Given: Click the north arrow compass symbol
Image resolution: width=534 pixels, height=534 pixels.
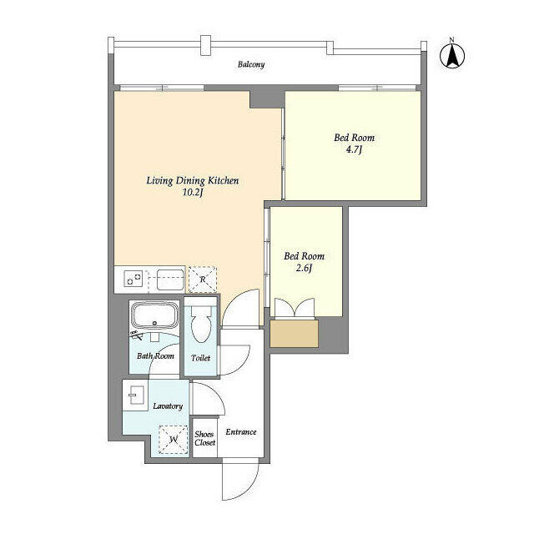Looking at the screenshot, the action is click(452, 55).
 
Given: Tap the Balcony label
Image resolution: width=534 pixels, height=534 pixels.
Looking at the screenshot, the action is click(251, 64).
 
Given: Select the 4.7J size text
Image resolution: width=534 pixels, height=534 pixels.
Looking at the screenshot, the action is click(354, 149).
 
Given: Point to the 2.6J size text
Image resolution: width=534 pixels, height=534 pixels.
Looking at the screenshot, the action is click(304, 268).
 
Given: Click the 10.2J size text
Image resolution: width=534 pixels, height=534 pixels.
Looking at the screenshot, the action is click(193, 193).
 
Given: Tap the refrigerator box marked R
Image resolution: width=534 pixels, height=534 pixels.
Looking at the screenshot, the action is click(203, 280).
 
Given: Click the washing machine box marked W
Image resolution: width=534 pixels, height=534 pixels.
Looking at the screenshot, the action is click(174, 440).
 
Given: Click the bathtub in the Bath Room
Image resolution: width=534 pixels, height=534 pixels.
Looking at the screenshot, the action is click(155, 315).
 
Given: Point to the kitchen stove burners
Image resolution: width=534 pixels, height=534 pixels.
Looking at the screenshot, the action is click(133, 279).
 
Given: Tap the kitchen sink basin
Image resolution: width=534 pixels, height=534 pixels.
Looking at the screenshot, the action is click(170, 280).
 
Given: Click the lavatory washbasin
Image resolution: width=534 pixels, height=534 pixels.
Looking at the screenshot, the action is click(136, 395).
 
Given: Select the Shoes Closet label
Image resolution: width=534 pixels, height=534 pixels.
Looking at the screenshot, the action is click(205, 438).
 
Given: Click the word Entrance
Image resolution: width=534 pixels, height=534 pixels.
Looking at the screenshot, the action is click(241, 432).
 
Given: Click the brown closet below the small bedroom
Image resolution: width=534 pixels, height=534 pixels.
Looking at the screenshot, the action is click(295, 334).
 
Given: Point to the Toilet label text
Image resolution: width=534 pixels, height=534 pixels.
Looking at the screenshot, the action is click(200, 358).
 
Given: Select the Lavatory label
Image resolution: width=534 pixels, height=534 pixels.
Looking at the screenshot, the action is click(168, 406).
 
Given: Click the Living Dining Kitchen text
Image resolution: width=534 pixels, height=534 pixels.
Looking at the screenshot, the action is click(193, 180).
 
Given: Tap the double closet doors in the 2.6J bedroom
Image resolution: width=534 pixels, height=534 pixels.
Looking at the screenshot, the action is click(295, 308).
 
